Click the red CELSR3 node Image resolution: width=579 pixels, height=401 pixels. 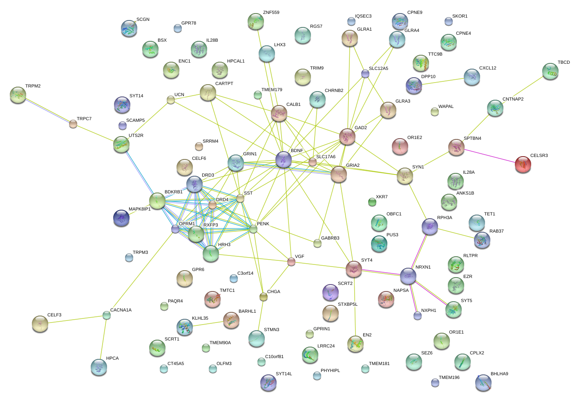pos(523,164)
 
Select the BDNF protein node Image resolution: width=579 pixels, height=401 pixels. pos(284,159)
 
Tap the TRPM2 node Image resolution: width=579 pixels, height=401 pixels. pos(18,95)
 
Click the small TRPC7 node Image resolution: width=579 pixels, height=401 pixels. pos(73,124)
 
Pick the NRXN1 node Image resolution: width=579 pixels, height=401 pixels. pos(408,276)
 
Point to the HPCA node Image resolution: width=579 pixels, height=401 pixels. pos(99,367)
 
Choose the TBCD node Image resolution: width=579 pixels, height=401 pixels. pos(550,71)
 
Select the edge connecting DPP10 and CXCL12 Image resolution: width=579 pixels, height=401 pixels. pos(443,81)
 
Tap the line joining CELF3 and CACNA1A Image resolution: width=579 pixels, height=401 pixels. pos(74,319)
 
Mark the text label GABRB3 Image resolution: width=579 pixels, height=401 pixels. pos(330,238)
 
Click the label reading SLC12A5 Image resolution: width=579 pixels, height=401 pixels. pos(378,68)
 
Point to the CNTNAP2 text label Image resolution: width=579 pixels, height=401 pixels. pos(513,99)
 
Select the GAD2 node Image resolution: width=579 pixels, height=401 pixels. pos(347,137)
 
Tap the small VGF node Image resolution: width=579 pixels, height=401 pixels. pos(291,262)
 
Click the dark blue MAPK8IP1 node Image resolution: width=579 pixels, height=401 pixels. pos(121,218)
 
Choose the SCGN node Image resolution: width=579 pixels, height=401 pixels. pos(129,29)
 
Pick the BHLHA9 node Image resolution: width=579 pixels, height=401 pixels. pos(483,383)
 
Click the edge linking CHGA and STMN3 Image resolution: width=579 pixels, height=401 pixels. pos(260,314)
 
